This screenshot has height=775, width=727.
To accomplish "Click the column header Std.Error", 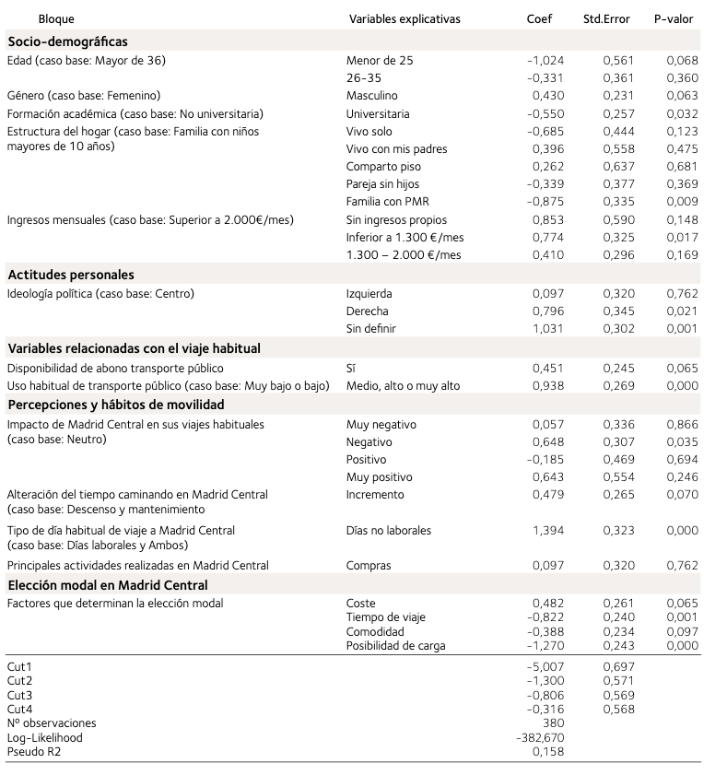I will pos(606,18).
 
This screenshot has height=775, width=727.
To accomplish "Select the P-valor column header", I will pos(674,18).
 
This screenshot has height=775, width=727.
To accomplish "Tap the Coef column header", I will pos(540,18).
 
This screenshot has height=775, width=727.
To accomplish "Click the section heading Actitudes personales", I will pos(71,275).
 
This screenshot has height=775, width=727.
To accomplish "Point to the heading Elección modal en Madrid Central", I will pos(108,585).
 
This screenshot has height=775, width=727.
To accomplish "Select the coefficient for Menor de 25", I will pos(545,60).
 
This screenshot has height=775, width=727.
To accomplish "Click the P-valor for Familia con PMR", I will pos(683,201).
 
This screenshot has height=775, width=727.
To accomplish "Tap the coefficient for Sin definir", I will pos(548,328).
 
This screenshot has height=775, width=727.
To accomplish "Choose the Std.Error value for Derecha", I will pos(619,311).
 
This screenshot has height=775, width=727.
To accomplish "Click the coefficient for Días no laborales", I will pos(548,530).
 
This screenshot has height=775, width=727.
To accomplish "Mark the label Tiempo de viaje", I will pos(386,617).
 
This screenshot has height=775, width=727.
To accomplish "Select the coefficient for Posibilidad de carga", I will pos(545,646).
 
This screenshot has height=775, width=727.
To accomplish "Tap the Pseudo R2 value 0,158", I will pos(548,752).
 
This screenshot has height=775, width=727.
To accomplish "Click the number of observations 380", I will pos(553,723).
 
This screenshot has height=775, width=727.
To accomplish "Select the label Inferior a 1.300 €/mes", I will pos(405,237).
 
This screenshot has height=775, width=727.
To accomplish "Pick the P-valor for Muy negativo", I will pos(683,424).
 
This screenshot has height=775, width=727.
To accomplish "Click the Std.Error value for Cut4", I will pos(619,709).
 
